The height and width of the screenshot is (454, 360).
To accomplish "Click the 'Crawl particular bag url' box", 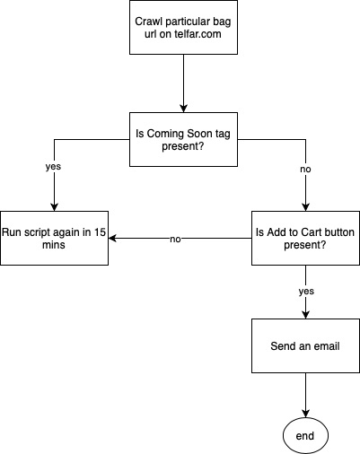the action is [183, 27].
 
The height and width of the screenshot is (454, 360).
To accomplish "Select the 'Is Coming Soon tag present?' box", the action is [183, 139].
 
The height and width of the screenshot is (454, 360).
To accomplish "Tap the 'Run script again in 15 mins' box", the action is [54, 238].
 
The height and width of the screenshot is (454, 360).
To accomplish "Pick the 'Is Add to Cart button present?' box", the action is [305, 238].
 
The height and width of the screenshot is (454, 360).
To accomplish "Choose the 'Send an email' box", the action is [305, 345].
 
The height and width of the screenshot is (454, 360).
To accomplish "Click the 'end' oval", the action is [305, 436].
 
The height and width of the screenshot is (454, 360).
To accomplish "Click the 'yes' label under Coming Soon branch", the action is [53, 167].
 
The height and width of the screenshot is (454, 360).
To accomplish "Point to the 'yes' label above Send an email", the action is [306, 292].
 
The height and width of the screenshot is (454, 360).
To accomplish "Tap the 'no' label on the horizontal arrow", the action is [175, 240].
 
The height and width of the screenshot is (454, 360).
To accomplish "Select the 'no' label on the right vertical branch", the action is [305, 170].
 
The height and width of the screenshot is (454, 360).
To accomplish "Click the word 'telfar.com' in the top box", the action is [198, 34].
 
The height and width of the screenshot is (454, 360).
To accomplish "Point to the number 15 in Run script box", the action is [100, 232].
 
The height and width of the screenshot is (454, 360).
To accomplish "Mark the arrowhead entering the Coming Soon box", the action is [183, 109].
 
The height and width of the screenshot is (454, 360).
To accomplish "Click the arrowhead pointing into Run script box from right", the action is [112, 239].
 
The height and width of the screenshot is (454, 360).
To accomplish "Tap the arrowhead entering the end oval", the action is [305, 414].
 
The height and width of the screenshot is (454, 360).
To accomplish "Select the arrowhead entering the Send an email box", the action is [305, 315].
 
